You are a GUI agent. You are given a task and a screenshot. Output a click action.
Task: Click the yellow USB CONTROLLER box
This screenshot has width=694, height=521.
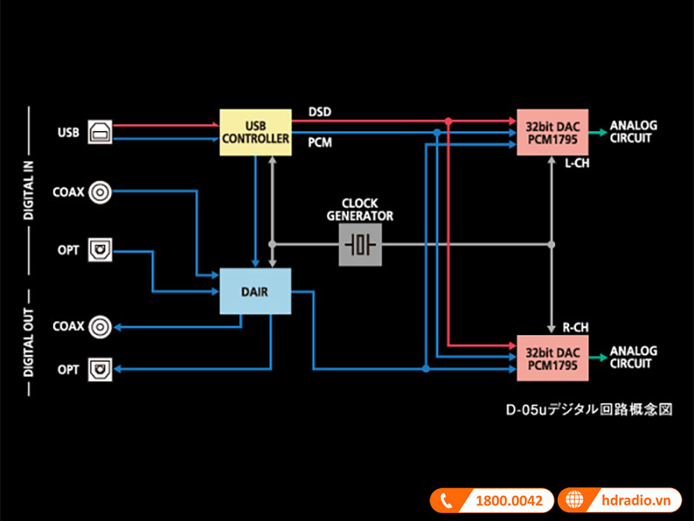(x=255, y=132)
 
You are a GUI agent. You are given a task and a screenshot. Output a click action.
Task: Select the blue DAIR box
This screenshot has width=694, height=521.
(x=255, y=292)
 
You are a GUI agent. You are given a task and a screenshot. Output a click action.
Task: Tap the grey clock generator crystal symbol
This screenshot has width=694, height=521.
(x=360, y=245)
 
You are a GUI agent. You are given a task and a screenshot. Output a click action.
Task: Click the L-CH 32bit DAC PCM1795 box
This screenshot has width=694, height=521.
(x=553, y=132)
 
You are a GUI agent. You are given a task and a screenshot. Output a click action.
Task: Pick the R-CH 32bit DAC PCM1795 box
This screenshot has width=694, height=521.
(x=553, y=358)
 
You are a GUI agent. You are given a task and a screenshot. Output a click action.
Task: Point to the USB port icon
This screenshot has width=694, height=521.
(x=99, y=132)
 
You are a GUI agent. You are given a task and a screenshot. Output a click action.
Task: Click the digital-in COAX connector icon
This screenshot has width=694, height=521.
(x=101, y=192)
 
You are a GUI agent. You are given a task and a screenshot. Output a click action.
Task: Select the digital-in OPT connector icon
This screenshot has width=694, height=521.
(x=101, y=250)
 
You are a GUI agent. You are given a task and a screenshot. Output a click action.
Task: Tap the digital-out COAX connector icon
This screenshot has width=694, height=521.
(x=101, y=326)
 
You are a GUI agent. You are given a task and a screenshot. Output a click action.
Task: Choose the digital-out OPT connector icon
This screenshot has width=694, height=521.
(x=101, y=369)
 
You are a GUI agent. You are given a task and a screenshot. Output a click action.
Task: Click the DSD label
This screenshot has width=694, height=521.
(x=320, y=112)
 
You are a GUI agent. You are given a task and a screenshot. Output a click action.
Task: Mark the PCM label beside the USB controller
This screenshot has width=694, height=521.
(x=320, y=142)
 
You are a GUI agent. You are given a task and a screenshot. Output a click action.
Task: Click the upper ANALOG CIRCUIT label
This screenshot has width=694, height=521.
(x=633, y=132)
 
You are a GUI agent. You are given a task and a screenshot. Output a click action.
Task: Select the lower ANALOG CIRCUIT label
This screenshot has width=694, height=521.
(x=633, y=358)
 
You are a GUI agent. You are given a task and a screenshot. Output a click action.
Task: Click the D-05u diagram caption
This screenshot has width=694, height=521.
(x=589, y=409)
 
